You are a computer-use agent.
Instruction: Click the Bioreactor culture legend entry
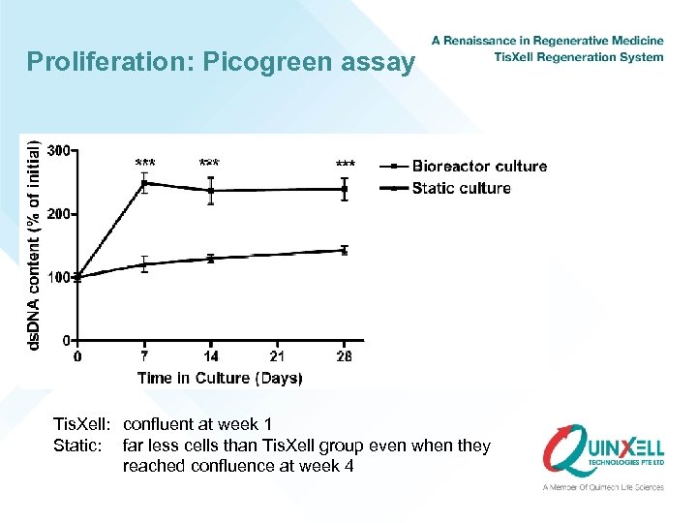coord(478,167)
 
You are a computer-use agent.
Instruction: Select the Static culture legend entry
coord(461,188)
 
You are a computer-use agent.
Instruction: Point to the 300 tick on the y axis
coord(59,150)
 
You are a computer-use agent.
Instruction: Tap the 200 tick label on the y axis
coord(59,213)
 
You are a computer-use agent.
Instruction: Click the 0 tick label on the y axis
coord(65,340)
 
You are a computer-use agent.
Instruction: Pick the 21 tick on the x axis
coord(278,356)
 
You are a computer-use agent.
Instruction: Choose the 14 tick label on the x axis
coord(211,356)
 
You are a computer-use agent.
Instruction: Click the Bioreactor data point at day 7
coord(144,183)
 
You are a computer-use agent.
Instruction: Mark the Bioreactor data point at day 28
coord(345,189)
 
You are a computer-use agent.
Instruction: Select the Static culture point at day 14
coord(211,259)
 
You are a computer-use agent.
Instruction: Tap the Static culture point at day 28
coord(345,250)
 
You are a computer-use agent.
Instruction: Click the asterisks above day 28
coord(345,164)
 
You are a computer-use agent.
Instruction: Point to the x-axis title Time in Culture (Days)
coord(220,378)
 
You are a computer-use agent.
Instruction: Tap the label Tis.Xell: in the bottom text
coord(83,424)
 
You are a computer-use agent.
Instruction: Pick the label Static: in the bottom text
coord(78,446)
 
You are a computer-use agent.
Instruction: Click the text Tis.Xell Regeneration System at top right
coord(578,57)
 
